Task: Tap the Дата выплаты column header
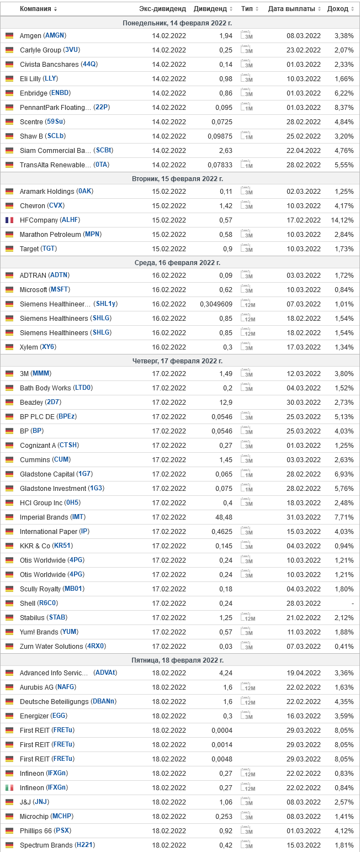tap(292, 9)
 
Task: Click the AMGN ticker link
tap(55, 35)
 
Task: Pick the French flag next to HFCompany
tap(9, 220)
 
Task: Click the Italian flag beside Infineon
tap(9, 787)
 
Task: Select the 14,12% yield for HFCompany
tap(342, 220)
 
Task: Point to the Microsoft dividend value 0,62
tap(225, 289)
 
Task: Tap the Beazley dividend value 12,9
tap(226, 402)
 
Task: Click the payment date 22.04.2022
tap(303, 150)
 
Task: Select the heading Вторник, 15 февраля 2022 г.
tap(177, 179)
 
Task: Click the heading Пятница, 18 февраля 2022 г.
tap(177, 660)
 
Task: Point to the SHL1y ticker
tap(106, 304)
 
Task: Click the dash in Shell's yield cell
tap(352, 603)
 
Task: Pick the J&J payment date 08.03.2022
tap(303, 802)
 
